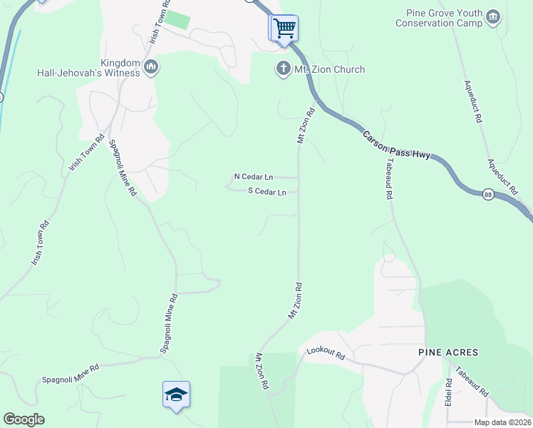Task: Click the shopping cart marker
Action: pos(284,29)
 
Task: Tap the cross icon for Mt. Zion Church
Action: pos(283,69)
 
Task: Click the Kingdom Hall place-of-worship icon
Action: pos(150,68)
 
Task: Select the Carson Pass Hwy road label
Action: pos(396,146)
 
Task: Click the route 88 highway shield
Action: pos(487,194)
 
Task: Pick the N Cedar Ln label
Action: pos(254,176)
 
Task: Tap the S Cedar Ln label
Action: pos(266,192)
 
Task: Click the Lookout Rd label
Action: pos(326,352)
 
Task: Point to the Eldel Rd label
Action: pos(449,392)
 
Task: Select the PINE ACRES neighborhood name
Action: pos(448,352)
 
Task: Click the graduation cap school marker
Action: pos(176,394)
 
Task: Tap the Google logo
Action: pos(24,419)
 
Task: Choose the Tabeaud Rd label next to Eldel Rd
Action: pos(472,382)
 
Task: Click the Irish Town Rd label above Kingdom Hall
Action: pos(159,22)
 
